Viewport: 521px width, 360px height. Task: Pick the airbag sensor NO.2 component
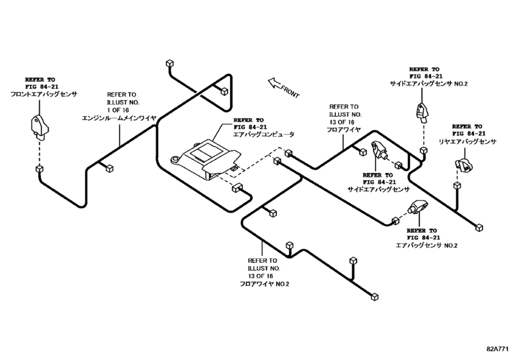point(418,208)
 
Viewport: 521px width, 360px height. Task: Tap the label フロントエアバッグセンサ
point(43,94)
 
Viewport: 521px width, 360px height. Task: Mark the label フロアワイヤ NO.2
point(265,283)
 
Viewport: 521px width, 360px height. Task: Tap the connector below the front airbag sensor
point(39,169)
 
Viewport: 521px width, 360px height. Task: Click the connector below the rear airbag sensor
point(457,185)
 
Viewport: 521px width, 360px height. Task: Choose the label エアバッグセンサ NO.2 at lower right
point(426,245)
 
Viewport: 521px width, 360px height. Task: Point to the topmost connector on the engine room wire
point(170,63)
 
